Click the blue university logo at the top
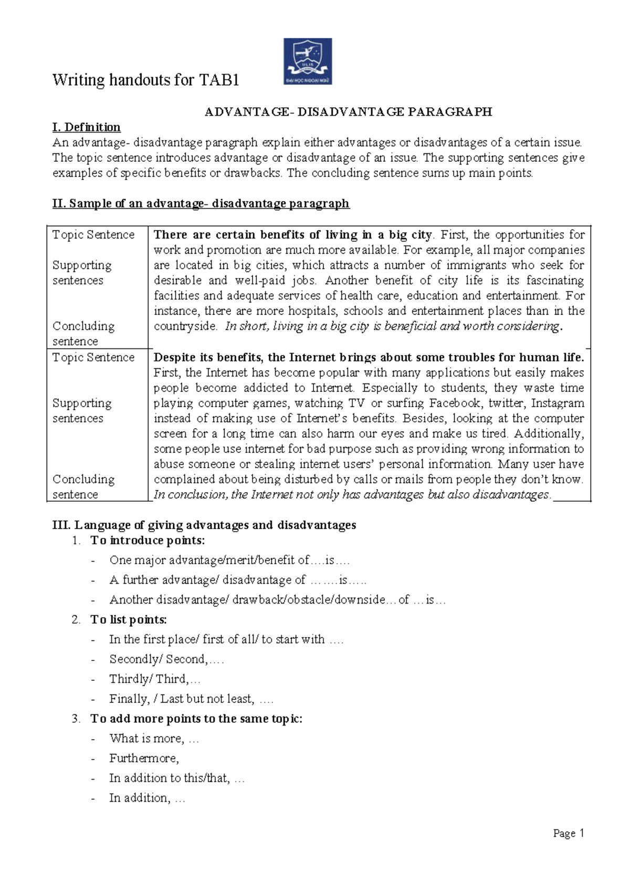coord(308,61)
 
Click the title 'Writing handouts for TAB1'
coord(145,80)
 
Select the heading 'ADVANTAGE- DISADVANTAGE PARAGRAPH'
coord(348,111)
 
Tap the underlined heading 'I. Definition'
coord(87,127)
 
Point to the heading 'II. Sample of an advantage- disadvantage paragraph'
coord(201,203)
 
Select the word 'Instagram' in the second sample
coord(558,403)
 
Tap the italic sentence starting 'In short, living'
coord(392,326)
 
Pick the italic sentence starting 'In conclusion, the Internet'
coord(352,494)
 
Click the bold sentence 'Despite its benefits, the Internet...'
coord(369,357)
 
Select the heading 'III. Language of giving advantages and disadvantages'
coord(204,525)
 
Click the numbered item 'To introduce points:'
coord(148,540)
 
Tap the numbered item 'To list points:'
coord(129,619)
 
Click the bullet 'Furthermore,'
coord(144,758)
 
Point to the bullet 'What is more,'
coord(153,738)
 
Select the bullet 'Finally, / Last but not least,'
coord(191,699)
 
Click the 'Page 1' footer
coord(569,833)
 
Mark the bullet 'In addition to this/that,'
coord(176,778)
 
